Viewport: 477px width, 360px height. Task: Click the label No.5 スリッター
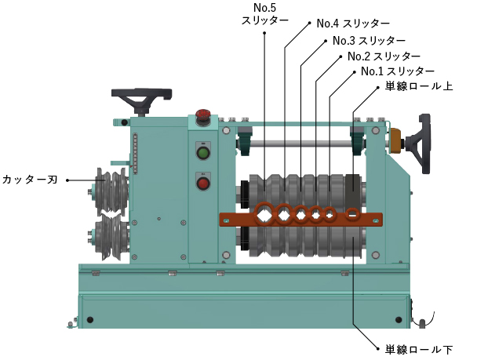(264, 13)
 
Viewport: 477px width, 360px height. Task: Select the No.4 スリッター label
(353, 24)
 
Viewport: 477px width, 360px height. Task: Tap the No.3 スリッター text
(369, 41)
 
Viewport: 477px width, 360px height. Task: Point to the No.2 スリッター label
(384, 56)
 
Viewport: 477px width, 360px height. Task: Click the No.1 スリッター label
(398, 71)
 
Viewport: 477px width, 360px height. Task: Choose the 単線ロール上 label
(419, 86)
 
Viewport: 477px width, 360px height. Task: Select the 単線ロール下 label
(419, 350)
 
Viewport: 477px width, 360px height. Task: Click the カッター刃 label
(30, 180)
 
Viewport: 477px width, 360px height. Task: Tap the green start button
(203, 153)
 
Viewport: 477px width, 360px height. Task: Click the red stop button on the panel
(203, 184)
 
